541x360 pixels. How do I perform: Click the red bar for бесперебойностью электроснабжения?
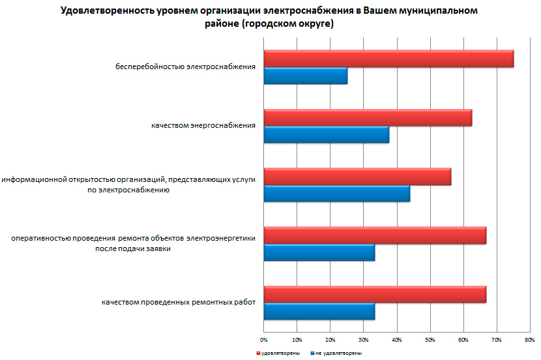click(388, 59)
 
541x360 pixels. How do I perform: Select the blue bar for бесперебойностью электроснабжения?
click(306, 76)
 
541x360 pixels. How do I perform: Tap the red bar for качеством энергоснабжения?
click(368, 118)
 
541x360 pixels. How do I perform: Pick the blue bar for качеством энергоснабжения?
click(327, 135)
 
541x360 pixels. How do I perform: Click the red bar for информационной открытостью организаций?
click(357, 177)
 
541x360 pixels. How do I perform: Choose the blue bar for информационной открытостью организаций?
click(337, 194)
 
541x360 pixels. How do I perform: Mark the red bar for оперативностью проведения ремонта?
click(375, 235)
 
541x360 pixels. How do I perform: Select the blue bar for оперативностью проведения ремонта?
click(319, 252)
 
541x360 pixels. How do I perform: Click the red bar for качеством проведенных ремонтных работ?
click(375, 295)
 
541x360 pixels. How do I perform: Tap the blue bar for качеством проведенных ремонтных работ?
click(319, 312)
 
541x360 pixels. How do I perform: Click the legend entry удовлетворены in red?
click(276, 353)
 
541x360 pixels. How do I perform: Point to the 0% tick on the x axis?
click(264, 340)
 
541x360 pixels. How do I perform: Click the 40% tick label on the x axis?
click(397, 340)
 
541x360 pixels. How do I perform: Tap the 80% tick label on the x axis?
click(530, 340)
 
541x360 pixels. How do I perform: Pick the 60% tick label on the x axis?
click(463, 340)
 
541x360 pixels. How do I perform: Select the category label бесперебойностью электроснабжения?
click(185, 67)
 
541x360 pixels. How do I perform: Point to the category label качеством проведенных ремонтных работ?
click(178, 303)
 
